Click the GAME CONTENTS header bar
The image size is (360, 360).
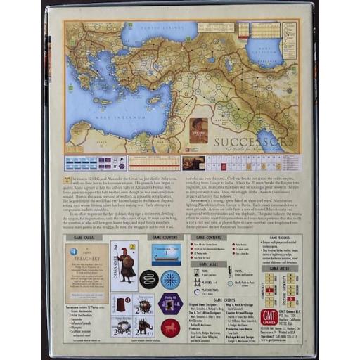coord(215,238)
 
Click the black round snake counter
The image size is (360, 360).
coord(148,280)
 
